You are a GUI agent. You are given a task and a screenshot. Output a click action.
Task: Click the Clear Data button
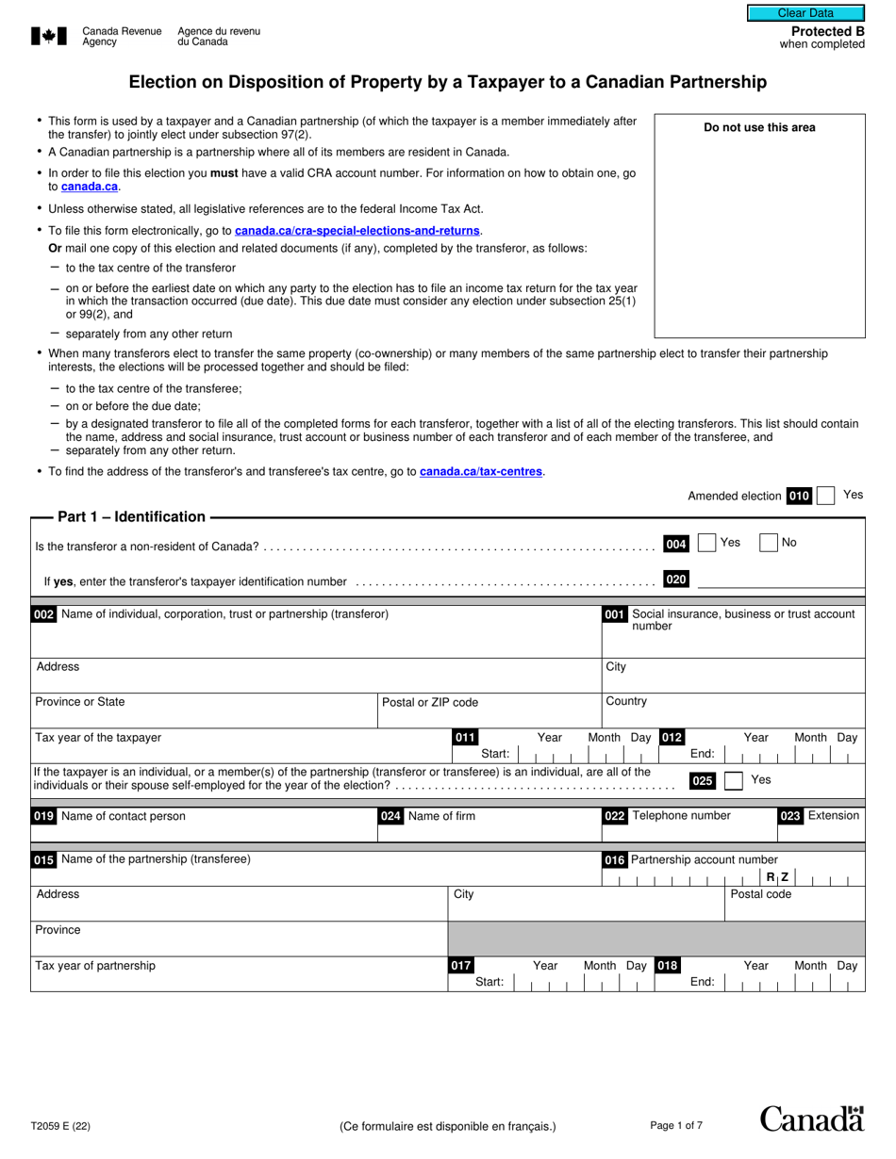coord(805,13)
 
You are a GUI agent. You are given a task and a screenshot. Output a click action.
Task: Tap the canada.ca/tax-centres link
coord(481,472)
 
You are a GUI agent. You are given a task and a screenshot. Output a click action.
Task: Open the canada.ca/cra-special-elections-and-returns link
coord(357,231)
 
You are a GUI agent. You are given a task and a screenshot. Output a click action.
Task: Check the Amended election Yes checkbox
coord(825,496)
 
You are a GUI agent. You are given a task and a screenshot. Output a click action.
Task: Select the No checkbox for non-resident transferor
coord(769,543)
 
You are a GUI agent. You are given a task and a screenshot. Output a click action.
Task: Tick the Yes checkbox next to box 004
coord(706,543)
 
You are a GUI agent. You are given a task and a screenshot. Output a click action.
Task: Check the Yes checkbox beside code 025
coord(733,780)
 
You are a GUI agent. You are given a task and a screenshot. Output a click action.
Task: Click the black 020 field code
coord(676,579)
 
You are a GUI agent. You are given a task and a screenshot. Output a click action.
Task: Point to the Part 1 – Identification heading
coord(131,516)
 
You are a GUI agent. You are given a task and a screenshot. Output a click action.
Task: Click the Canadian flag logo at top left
coord(49,36)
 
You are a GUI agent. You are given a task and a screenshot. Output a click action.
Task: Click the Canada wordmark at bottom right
coord(812,1118)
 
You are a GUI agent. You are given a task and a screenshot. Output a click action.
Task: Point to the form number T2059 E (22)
coord(61,1125)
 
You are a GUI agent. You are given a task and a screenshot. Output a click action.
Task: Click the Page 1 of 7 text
coord(676,1125)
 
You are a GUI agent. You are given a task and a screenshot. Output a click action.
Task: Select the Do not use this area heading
coord(759,128)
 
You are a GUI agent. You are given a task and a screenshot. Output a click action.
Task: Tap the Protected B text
coord(827,31)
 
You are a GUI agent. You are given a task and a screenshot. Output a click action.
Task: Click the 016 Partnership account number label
coord(691,859)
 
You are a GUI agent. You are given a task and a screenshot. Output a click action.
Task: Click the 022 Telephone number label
coord(667,816)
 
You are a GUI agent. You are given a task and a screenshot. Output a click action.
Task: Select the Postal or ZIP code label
coord(430,702)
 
